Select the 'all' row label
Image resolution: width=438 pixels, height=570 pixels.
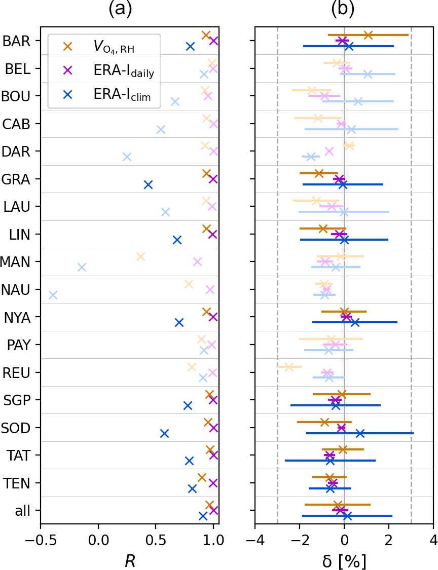point(22,511)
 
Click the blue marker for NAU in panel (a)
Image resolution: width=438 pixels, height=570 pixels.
point(53,295)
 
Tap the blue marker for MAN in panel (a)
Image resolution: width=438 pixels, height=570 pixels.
point(82,267)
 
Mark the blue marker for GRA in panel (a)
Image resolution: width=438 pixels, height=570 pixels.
point(148,184)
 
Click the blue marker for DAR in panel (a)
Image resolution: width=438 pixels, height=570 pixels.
point(127,157)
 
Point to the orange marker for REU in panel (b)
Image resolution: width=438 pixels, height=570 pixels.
point(289,366)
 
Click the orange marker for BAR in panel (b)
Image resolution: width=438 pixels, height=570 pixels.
point(368,35)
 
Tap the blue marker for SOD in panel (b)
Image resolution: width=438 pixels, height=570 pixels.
point(360,433)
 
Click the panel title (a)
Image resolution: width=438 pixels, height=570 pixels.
point(121,9)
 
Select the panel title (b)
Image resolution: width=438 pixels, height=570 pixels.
point(342,9)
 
